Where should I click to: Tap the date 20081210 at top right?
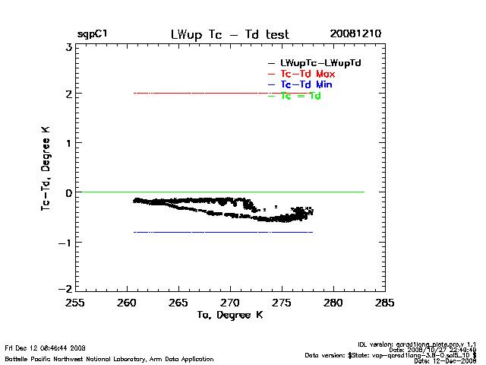click(355, 34)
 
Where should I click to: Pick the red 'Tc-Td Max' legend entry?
click(308, 74)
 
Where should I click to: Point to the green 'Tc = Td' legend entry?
click(301, 97)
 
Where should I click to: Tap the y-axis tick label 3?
click(68, 47)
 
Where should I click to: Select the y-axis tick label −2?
click(66, 290)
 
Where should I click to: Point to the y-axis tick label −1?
click(66, 243)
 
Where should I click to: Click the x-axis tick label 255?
click(75, 303)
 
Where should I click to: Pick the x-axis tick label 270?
click(230, 303)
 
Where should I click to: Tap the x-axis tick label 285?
click(385, 303)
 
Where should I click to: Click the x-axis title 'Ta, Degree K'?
click(229, 314)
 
